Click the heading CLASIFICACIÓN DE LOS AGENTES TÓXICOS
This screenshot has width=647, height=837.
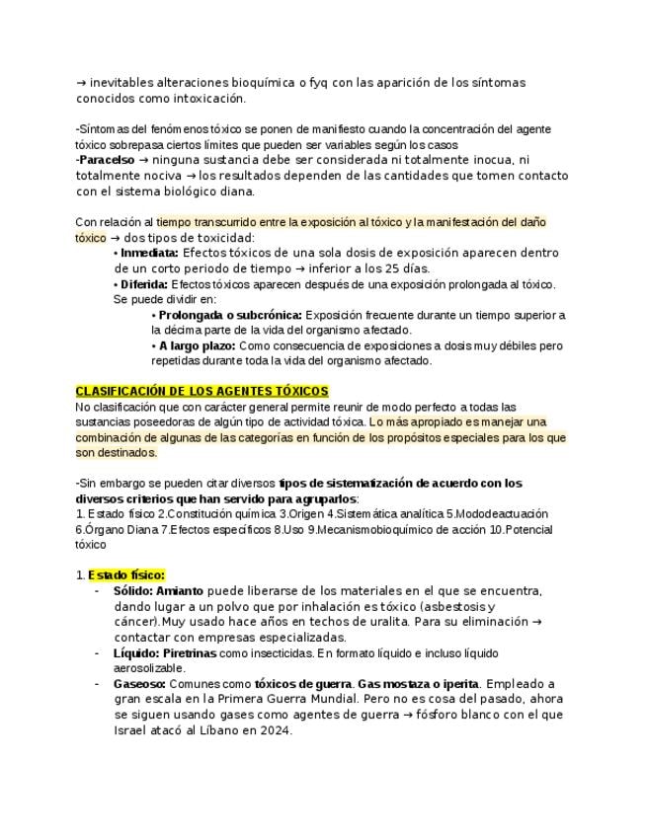pyautogui.click(x=202, y=392)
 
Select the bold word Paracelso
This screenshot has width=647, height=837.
pyautogui.click(x=107, y=160)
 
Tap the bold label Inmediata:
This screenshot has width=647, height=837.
pyautogui.click(x=150, y=253)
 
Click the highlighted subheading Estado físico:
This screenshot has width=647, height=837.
pyautogui.click(x=125, y=574)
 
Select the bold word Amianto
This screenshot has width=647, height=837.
pyautogui.click(x=182, y=590)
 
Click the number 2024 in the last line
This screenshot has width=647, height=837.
pyautogui.click(x=276, y=731)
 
